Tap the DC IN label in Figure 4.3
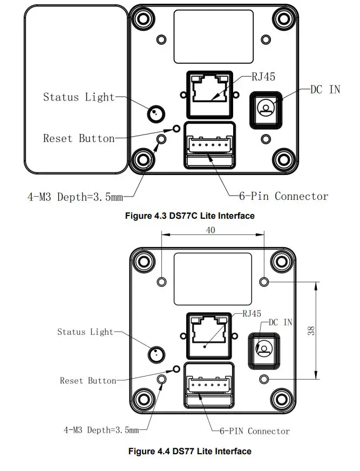(325, 89)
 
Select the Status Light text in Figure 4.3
(79, 97)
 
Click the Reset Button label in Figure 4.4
(88, 381)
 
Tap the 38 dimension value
(311, 330)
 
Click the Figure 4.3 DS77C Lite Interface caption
(189, 216)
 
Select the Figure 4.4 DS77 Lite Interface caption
(189, 451)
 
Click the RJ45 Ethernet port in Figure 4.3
(210, 93)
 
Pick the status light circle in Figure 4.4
(156, 354)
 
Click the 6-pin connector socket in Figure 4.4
(209, 386)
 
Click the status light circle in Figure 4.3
(155, 113)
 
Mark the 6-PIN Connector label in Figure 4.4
(254, 431)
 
